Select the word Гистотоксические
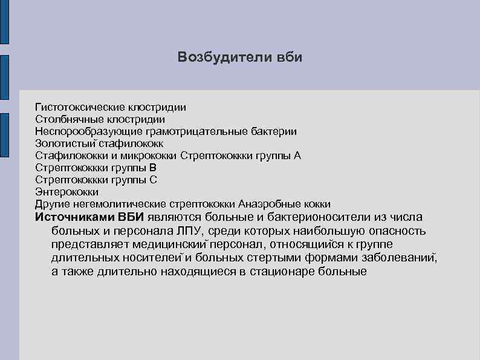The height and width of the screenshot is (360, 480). coord(77,107)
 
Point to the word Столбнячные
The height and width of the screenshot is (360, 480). coord(66,119)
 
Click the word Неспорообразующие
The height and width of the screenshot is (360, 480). coord(83,131)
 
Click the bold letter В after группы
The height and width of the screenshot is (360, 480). coord(153,168)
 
